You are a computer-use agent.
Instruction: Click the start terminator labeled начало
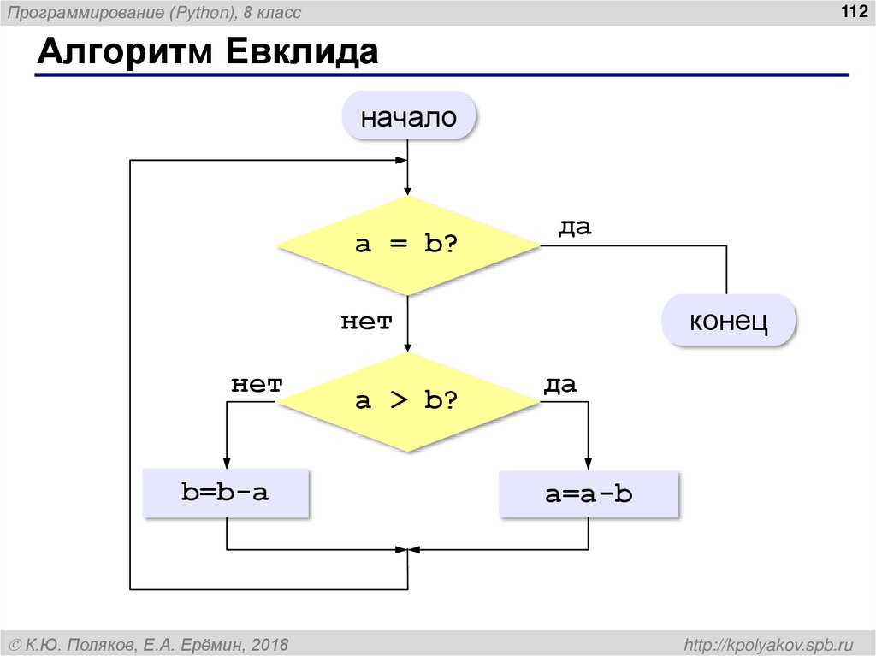pos(408,117)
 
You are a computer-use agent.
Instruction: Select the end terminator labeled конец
pos(730,322)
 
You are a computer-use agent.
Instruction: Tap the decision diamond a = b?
pos(408,245)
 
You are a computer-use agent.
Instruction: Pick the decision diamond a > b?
pos(408,400)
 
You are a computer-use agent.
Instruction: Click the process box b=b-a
pos(226,493)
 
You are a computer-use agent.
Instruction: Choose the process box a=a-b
pos(589,493)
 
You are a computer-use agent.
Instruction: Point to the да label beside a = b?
pos(575,228)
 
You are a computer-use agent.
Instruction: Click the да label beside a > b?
pos(559,385)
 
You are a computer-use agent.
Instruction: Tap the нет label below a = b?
pos(366,322)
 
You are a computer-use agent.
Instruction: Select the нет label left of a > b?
pos(256,385)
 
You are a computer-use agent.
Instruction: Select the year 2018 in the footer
pos(269,643)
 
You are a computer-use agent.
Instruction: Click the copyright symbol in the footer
pos(15,643)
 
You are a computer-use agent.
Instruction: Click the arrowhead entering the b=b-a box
pos(227,463)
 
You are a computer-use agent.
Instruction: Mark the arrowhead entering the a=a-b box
pos(589,463)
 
